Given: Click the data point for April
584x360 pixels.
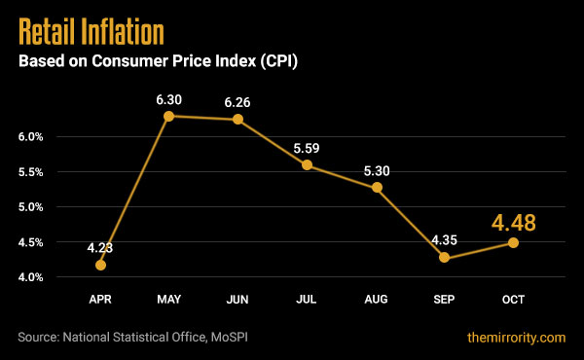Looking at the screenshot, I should click(100, 265).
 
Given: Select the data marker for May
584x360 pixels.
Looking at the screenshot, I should click(168, 116).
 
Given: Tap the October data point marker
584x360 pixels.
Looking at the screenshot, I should click(513, 242).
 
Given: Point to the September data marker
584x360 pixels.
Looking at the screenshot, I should click(444, 258).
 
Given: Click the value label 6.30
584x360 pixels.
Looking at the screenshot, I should click(168, 97).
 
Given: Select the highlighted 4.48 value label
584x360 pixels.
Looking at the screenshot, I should click(513, 222).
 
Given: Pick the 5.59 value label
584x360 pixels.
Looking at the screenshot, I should click(307, 148).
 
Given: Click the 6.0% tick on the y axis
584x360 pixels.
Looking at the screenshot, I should click(29, 137).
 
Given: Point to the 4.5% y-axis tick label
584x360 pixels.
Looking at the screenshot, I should click(29, 242).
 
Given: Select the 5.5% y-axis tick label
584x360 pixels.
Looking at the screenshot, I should click(29, 172).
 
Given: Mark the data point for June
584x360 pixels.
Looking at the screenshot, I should click(237, 119).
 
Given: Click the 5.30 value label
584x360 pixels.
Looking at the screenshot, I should click(376, 169).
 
